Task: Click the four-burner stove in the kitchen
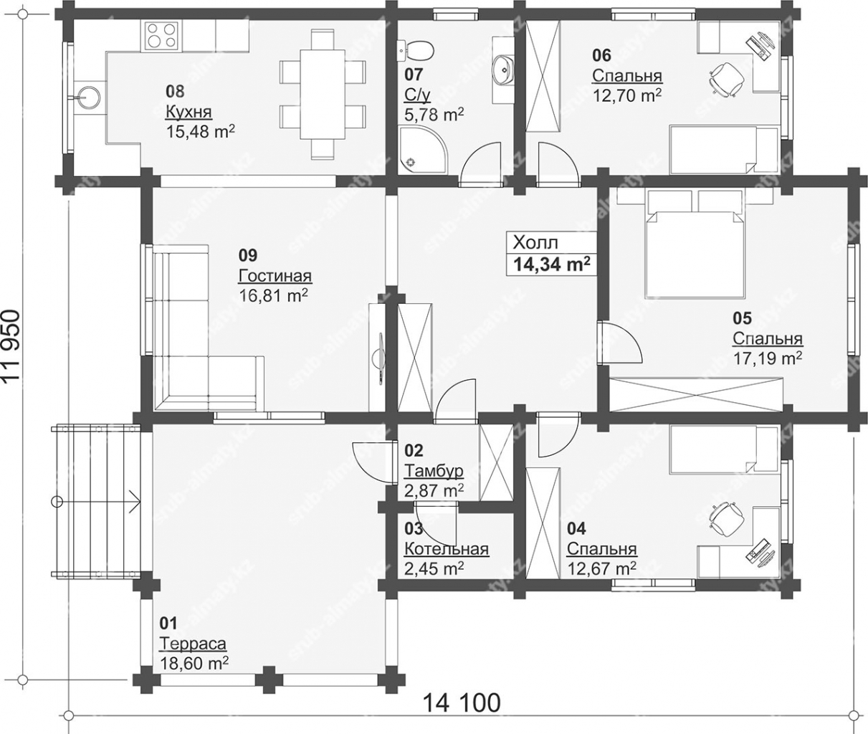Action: tap(161, 35)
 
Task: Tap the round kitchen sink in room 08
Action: tap(88, 97)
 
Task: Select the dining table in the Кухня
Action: tap(323, 94)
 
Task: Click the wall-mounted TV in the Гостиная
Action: tap(380, 358)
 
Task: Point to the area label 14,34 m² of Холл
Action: tap(552, 264)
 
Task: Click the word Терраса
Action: tap(193, 643)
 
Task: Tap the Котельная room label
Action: tap(447, 549)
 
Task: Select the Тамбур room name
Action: tap(434, 471)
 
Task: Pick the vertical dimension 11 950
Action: tap(11, 345)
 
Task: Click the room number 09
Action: tap(248, 255)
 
